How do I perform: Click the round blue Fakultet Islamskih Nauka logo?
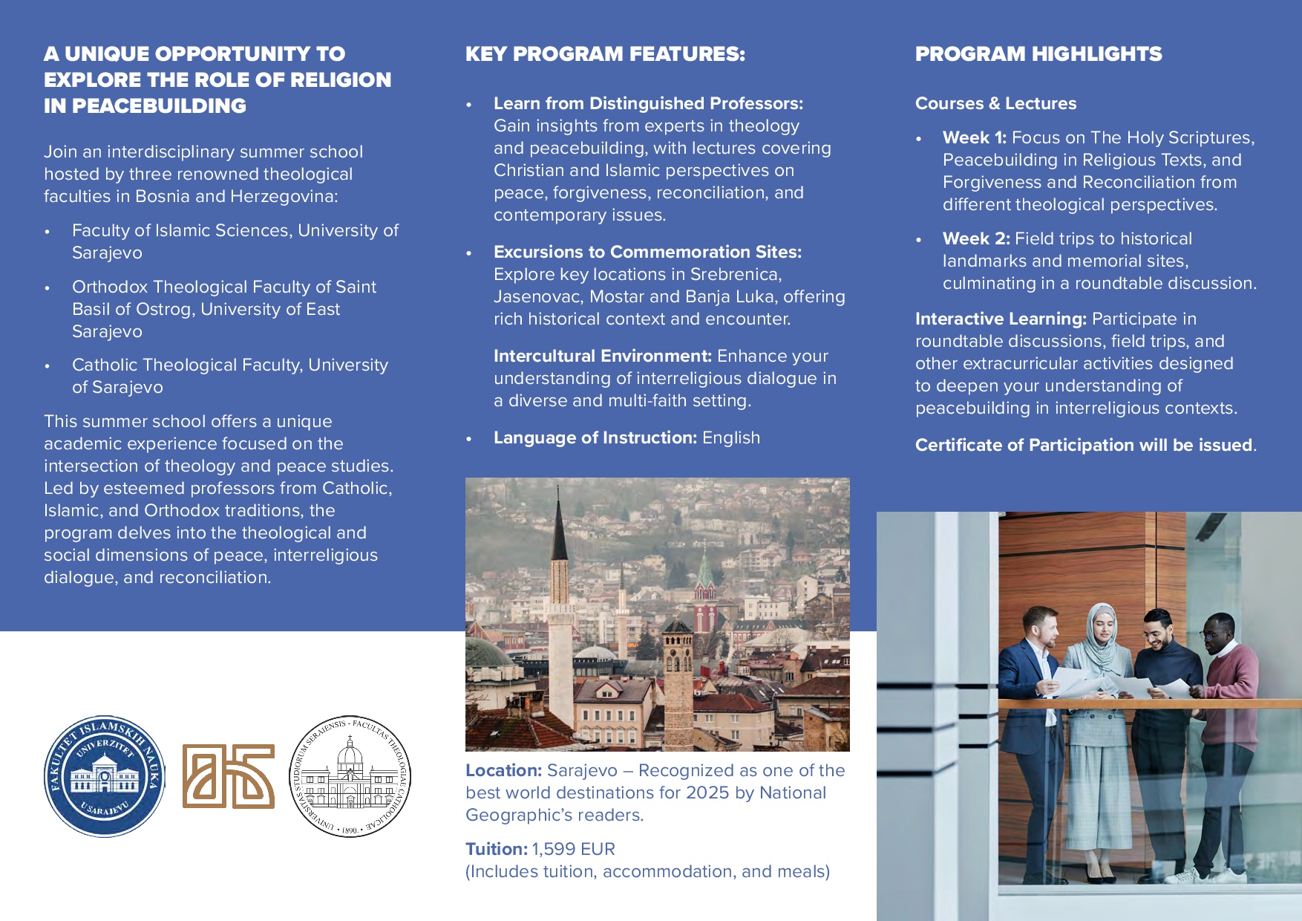point(105,776)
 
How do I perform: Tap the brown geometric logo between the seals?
point(229,776)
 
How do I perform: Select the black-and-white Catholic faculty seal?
point(350,776)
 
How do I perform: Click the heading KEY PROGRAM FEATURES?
point(605,54)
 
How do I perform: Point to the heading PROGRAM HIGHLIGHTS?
point(1038,54)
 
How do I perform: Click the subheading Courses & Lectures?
point(995,104)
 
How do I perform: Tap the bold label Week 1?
point(974,138)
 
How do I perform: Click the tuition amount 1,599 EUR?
point(574,849)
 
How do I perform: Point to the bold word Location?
point(503,771)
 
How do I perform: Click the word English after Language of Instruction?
point(731,438)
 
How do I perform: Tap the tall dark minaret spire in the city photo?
point(560,535)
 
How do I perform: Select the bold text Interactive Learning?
point(1000,319)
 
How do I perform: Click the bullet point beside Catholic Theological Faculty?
point(48,366)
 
